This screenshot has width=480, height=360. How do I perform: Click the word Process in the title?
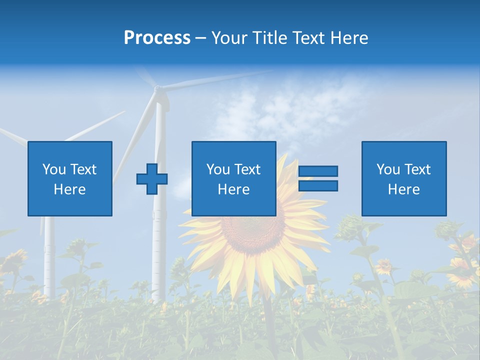pyautogui.click(x=157, y=38)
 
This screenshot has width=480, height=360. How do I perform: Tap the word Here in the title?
pyautogui.click(x=348, y=38)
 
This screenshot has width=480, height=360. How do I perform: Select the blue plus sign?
pyautogui.click(x=152, y=179)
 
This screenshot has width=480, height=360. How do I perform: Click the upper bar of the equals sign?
pyautogui.click(x=318, y=171)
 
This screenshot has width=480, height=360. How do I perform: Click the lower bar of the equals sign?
pyautogui.click(x=318, y=186)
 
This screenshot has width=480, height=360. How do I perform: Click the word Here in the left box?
pyautogui.click(x=69, y=189)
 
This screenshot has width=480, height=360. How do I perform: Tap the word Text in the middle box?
pyautogui.click(x=247, y=169)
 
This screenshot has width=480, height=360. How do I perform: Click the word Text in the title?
pyautogui.click(x=307, y=38)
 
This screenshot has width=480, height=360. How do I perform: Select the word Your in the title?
pyautogui.click(x=229, y=38)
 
